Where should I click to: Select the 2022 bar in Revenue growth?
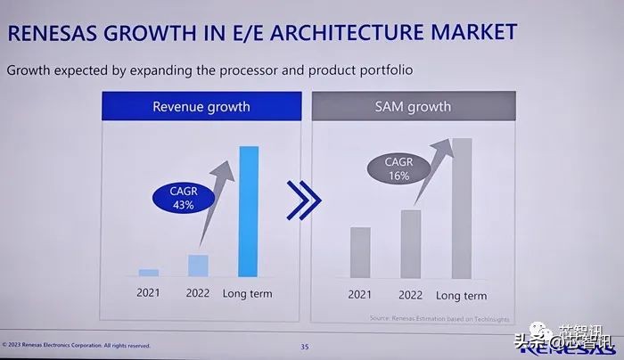[x=198, y=266]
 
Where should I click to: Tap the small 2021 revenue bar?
[x=149, y=273]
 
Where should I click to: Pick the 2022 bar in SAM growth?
[x=411, y=243]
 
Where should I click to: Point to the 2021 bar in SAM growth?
[x=360, y=252]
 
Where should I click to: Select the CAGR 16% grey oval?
[x=398, y=169]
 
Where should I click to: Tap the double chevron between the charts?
[x=304, y=200]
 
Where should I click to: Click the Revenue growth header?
[x=201, y=107]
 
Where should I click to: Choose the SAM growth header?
[x=412, y=107]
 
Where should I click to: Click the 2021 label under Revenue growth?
[x=149, y=293]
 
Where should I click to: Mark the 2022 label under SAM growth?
[x=411, y=295]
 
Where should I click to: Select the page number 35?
[x=305, y=346]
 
